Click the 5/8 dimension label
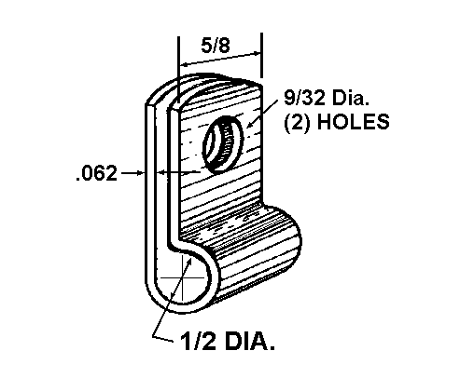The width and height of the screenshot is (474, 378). point(216,46)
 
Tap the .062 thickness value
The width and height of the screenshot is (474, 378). point(96,173)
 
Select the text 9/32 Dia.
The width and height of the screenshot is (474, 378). point(327,98)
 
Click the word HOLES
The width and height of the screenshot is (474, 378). point(354,121)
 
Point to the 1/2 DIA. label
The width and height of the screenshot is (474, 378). point(228,342)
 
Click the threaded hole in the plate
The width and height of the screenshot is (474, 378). point(223,143)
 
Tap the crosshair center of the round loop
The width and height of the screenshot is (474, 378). point(183,277)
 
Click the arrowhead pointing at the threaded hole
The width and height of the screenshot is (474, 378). point(250,124)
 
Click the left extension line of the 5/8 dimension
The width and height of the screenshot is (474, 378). point(178,71)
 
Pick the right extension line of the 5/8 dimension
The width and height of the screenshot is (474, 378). point(261,55)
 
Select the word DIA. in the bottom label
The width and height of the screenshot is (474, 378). point(250,342)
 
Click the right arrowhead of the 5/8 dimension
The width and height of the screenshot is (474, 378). point(256,54)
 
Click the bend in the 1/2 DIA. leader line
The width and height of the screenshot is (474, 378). point(154,336)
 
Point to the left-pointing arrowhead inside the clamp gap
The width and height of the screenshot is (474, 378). point(161,172)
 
